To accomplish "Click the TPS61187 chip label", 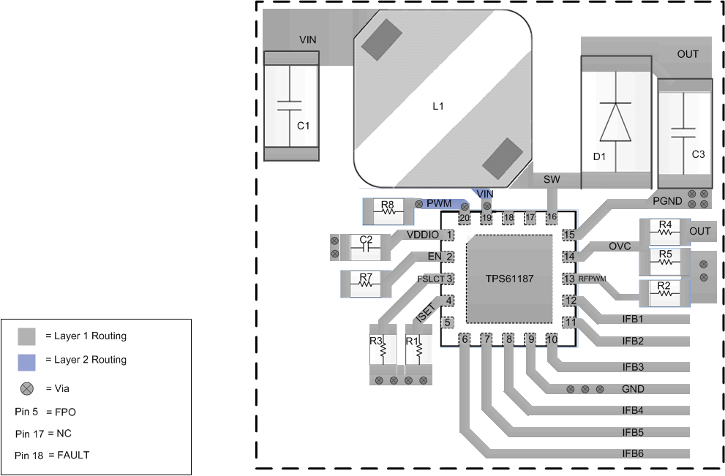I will coord(508,279).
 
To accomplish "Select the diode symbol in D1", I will coord(615,121).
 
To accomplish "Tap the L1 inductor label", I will coord(438,106).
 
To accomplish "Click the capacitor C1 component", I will coord(290,106).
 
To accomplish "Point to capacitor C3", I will coord(684,135).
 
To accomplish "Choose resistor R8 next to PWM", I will coord(387,211).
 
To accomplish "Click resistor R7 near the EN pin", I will coord(366,283).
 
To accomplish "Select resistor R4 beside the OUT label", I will coord(665,230).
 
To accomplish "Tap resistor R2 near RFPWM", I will coord(664,292).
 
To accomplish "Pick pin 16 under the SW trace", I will coord(552,217).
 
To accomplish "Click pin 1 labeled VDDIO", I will coord(449,235).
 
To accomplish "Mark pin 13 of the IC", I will coord(569,279).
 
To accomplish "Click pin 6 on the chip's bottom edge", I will coord(465,339).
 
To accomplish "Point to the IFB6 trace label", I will coord(633,453).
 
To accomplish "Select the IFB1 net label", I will coord(633,320).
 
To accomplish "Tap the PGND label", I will coord(666,200).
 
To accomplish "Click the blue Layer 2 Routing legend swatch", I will coord(28,360).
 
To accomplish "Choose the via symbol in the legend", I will coord(28,388).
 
